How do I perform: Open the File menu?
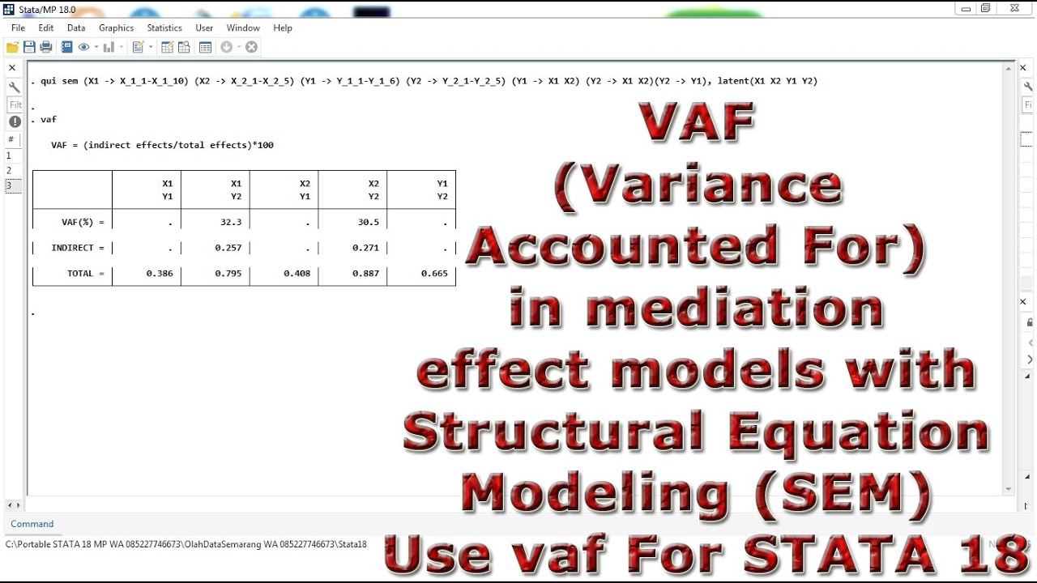(x=18, y=28)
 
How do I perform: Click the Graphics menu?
(x=116, y=28)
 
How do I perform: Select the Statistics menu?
(x=164, y=28)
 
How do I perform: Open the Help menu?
(x=282, y=28)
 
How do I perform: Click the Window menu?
(x=243, y=28)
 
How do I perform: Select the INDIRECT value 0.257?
(x=228, y=248)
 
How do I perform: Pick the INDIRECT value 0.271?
(x=366, y=248)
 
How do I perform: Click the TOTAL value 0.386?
(x=160, y=274)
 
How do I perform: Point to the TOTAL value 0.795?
(x=228, y=274)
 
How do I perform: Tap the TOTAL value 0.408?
(x=297, y=274)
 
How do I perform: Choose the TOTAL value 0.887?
(x=366, y=274)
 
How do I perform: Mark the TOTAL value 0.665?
(x=434, y=274)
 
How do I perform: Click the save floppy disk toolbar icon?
(x=29, y=47)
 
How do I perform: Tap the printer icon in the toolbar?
(x=46, y=47)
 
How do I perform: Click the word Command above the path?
(x=32, y=524)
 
